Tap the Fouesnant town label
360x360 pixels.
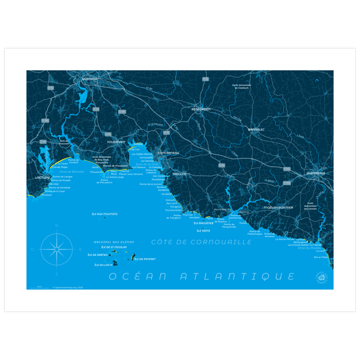click(x=117, y=142)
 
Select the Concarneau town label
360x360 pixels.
click(x=169, y=153)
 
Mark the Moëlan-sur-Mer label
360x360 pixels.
click(x=278, y=207)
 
